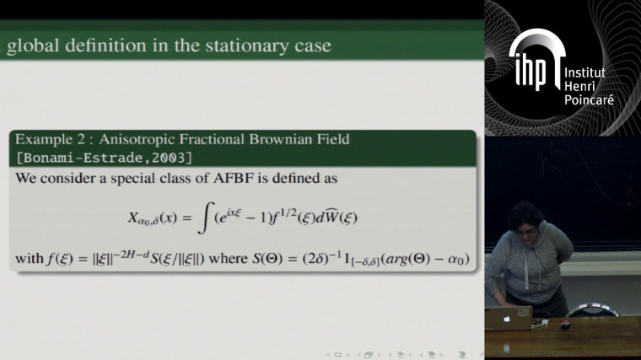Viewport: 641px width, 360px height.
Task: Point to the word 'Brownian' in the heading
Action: click(x=255, y=138)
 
